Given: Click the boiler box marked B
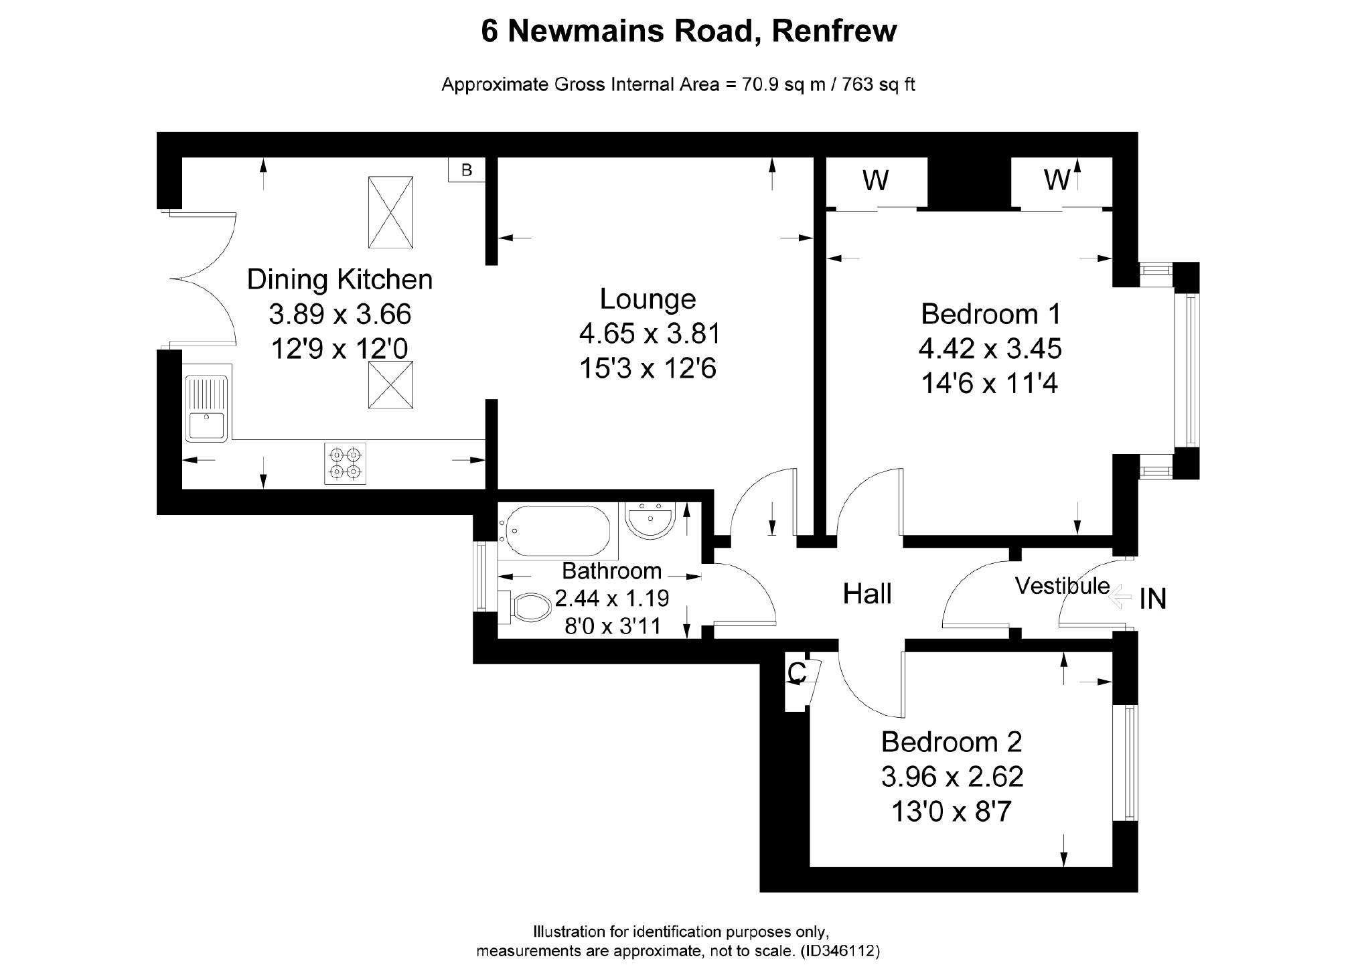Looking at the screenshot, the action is pos(466,170).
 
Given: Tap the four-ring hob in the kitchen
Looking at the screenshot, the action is pos(346,463).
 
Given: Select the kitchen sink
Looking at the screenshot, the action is pos(208,408).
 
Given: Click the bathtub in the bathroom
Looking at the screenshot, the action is pos(558,531).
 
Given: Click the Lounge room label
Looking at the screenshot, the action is pos(648,299).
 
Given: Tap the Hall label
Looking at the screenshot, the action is pos(867,594).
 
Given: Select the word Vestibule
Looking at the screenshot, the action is pos(1062,586).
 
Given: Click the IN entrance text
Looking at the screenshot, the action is pos(1153,599).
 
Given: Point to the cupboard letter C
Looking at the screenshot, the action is pos(796,673).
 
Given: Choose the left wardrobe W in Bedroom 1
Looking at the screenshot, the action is pos(876,181).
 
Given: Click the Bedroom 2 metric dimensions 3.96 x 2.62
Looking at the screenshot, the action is pos(952,777).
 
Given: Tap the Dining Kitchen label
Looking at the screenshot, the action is pos(340,279).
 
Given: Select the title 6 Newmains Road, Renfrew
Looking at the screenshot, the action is pos(689,31).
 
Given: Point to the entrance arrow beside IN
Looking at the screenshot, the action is pos(1116,597).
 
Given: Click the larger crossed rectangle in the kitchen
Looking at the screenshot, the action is pos(390,212).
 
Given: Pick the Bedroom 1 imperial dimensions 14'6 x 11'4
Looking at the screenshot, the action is pos(989,384).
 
